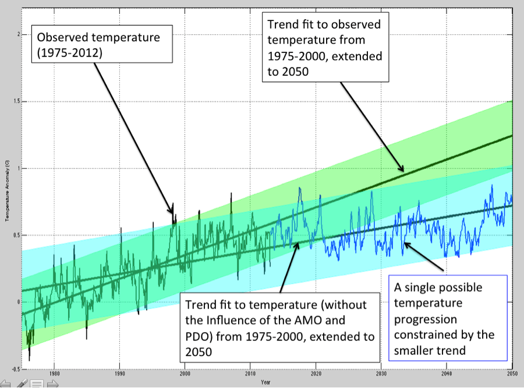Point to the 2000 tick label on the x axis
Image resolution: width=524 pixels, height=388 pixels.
click(185, 374)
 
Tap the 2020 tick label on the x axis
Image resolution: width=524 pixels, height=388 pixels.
click(316, 374)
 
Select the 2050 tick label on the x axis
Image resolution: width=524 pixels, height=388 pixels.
click(511, 374)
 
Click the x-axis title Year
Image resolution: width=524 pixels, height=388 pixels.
click(265, 382)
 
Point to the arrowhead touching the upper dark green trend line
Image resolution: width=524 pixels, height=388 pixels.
click(401, 170)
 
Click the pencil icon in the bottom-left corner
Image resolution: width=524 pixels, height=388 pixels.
click(22, 383)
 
